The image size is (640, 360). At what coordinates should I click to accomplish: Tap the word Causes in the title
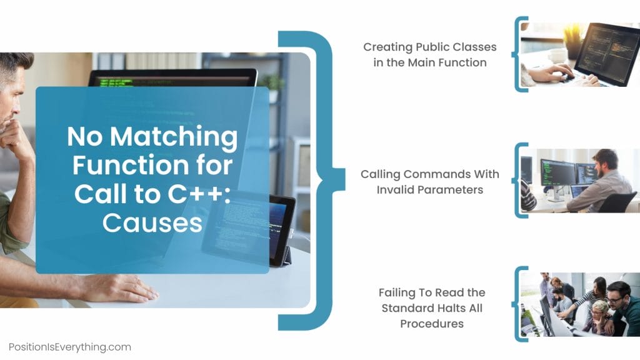click(x=152, y=222)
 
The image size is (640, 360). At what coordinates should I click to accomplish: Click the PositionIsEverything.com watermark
click(x=70, y=347)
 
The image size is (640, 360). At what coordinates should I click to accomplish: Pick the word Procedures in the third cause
click(x=432, y=324)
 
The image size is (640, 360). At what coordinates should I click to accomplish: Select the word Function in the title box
click(x=152, y=166)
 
